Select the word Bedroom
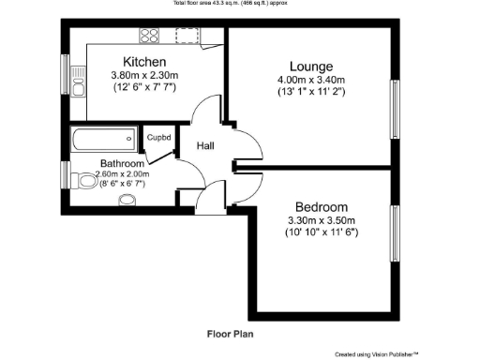click(322, 207)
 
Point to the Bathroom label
click(122, 163)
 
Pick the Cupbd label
click(158, 139)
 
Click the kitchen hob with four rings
click(150, 37)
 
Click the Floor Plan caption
click(230, 333)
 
